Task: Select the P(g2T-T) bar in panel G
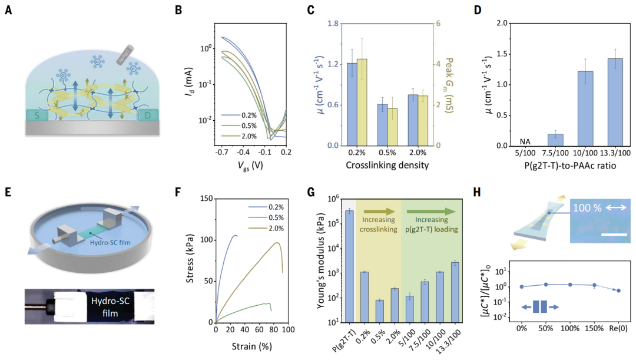click(349, 266)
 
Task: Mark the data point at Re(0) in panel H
click(618, 290)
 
